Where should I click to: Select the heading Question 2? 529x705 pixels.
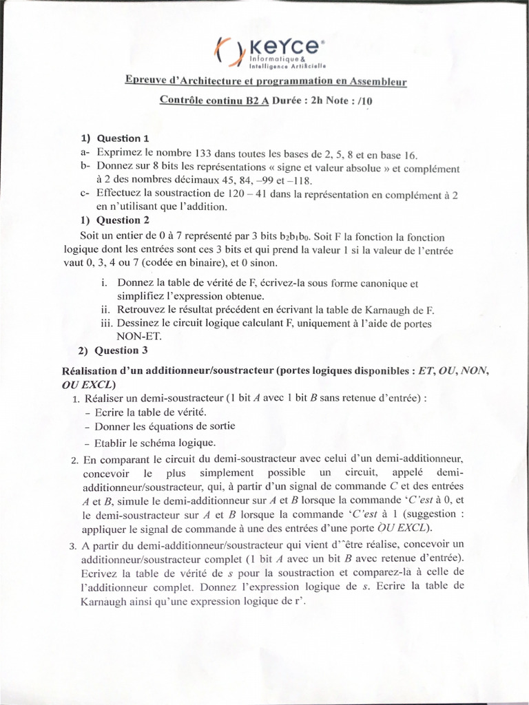pos(123,220)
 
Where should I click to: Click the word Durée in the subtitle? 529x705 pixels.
pos(290,99)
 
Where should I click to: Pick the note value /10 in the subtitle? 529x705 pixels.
pos(369,99)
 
